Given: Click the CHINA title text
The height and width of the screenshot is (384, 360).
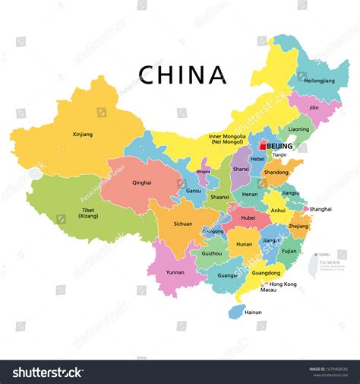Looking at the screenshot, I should click(x=182, y=75).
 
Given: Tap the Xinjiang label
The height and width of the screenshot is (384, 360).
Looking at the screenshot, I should click(x=82, y=135).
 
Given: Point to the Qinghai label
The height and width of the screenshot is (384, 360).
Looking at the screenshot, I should click(x=142, y=182).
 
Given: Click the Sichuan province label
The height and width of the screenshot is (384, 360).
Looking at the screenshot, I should click(x=182, y=224).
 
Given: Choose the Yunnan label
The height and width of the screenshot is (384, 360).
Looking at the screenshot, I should click(x=175, y=271).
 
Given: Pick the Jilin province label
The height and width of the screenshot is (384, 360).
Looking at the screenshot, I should click(x=314, y=108).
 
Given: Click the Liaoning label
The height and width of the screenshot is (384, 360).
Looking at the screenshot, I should click(x=298, y=129).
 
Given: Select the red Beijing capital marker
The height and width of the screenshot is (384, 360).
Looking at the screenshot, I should click(x=263, y=145).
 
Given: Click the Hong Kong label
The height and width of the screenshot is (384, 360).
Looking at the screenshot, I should click(x=283, y=284).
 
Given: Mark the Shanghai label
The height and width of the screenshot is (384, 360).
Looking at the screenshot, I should click(x=321, y=209).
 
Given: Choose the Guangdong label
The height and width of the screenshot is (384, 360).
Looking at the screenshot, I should click(x=266, y=272).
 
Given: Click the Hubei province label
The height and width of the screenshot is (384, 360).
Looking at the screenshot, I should click(x=248, y=217).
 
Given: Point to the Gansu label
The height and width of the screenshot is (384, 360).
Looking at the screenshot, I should click(x=194, y=191).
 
